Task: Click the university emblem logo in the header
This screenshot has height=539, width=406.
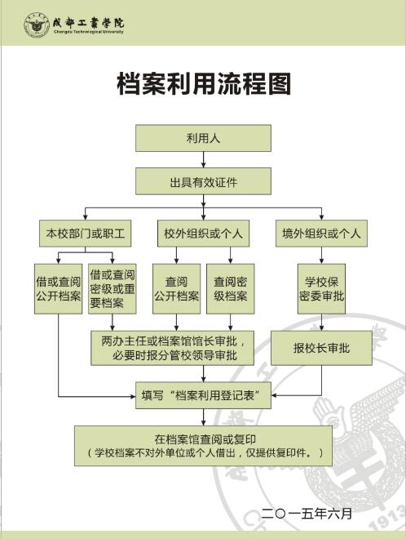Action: (37, 25)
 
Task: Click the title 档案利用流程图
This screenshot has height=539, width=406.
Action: (204, 84)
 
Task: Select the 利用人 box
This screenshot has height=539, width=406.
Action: (203, 138)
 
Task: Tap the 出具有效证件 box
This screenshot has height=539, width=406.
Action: (203, 181)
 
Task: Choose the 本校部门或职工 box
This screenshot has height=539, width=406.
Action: (85, 234)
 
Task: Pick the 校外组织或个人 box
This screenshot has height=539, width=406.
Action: (203, 234)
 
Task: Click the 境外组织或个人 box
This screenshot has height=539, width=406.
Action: (321, 234)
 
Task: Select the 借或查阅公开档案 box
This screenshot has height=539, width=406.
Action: (59, 289)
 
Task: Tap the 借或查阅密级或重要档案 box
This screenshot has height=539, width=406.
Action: (113, 289)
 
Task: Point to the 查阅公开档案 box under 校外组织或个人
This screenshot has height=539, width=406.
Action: (176, 289)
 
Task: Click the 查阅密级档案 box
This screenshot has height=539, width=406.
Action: (230, 289)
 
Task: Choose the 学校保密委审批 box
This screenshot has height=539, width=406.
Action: (321, 289)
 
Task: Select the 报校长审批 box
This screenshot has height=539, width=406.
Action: (321, 348)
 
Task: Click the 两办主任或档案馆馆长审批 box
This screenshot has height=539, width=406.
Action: (172, 348)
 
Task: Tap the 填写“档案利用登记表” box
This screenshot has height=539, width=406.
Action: (203, 395)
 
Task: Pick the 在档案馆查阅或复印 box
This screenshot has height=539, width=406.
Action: (203, 446)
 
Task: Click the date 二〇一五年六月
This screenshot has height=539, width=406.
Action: (307, 514)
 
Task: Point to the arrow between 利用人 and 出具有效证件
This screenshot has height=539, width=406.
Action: (204, 159)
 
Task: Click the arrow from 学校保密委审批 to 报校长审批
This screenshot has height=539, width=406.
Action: (321, 322)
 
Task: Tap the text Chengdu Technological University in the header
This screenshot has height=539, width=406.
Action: (88, 32)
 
